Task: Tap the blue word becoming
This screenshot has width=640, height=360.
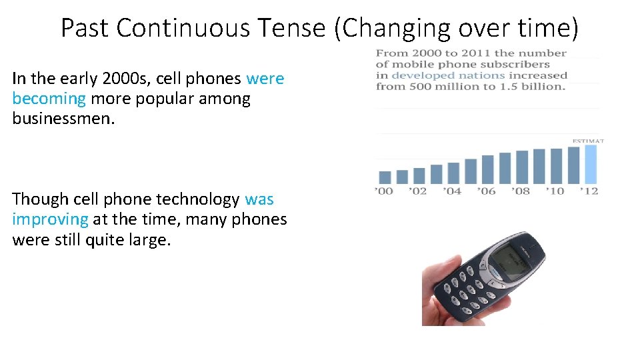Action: tap(49, 99)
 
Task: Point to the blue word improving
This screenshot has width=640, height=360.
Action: tap(50, 219)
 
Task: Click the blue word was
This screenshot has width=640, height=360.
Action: tap(259, 199)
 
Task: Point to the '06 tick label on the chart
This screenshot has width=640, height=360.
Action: tap(487, 191)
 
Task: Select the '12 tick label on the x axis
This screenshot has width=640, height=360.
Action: tap(589, 191)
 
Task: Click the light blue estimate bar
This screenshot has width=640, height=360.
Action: tap(591, 164)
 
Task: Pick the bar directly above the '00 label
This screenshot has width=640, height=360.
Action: tap(385, 177)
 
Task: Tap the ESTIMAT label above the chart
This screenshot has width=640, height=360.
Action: tap(587, 141)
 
